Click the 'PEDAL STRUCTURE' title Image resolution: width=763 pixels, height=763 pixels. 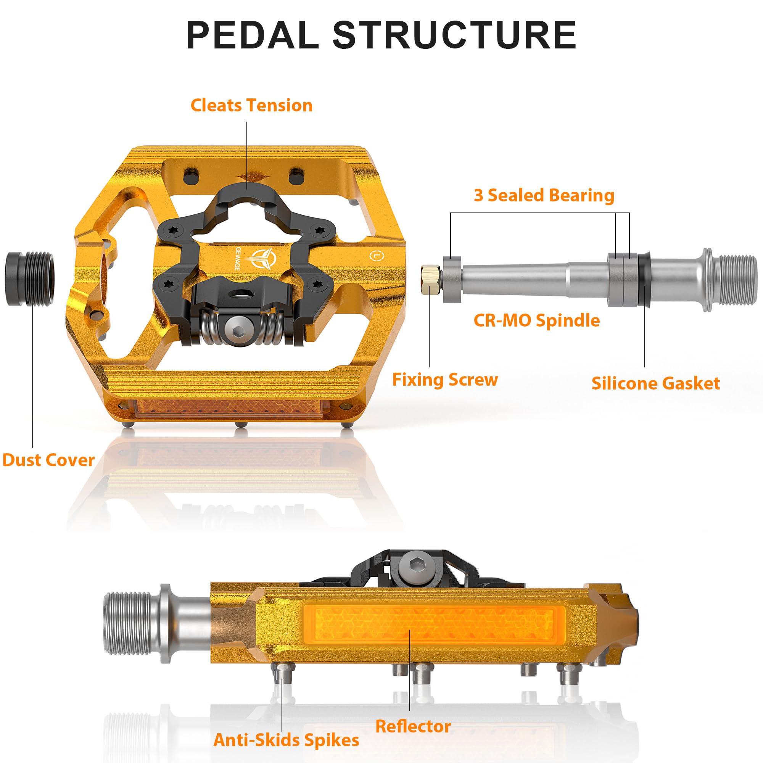[x=381, y=35]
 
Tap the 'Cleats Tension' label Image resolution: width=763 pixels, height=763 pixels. [x=251, y=105]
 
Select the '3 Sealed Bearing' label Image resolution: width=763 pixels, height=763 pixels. [x=544, y=195]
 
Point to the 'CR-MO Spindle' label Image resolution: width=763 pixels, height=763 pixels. [x=536, y=320]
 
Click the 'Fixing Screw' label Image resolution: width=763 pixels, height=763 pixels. [x=445, y=380]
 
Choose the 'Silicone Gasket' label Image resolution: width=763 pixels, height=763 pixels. [x=655, y=383]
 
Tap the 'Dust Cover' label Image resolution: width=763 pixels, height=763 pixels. [x=48, y=460]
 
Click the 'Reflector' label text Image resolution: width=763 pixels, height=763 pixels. [x=413, y=726]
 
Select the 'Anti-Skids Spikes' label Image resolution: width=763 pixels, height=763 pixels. [x=286, y=740]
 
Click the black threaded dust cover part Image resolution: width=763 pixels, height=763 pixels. [x=29, y=279]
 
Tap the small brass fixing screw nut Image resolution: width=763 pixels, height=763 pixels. [x=431, y=280]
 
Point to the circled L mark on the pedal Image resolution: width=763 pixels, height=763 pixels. [x=377, y=256]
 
